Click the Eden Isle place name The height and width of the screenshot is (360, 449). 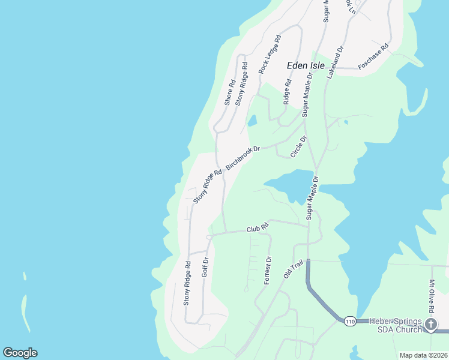coord(306,65)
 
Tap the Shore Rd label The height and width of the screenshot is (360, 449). coord(229,92)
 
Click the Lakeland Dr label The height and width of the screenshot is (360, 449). coord(335,63)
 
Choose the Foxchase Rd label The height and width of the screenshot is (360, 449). coord(373,56)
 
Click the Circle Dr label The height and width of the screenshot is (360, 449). coord(298,146)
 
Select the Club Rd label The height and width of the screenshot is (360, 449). coord(257,229)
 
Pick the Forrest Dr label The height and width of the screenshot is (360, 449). coord(268,271)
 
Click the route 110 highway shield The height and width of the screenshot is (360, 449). coord(350,323)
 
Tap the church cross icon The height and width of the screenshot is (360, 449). coord(431,325)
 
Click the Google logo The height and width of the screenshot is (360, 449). coord(20,353)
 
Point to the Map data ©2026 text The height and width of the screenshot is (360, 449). coord(423,355)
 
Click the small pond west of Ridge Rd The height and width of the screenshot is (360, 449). coord(252,121)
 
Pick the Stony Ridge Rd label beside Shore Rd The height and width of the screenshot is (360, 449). coord(241,84)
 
